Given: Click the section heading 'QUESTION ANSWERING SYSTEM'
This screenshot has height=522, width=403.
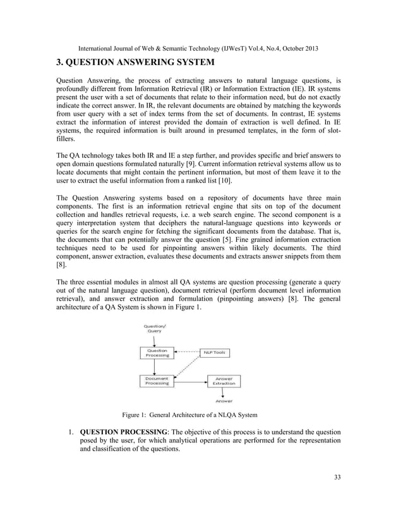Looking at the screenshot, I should tap(136, 62).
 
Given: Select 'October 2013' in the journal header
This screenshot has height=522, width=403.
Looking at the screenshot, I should tap(296, 48).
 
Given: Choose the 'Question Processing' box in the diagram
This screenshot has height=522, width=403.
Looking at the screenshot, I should tap(157, 353).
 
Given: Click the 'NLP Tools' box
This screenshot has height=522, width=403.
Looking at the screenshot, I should tap(214, 353).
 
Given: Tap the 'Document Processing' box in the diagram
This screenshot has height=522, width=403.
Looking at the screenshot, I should tap(157, 380).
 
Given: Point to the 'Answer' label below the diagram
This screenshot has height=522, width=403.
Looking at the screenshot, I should tap(224, 401).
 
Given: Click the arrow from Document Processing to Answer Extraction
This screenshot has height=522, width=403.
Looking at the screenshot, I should tap(191, 381).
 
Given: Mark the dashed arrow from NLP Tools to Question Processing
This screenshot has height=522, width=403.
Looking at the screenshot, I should tap(188, 352).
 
